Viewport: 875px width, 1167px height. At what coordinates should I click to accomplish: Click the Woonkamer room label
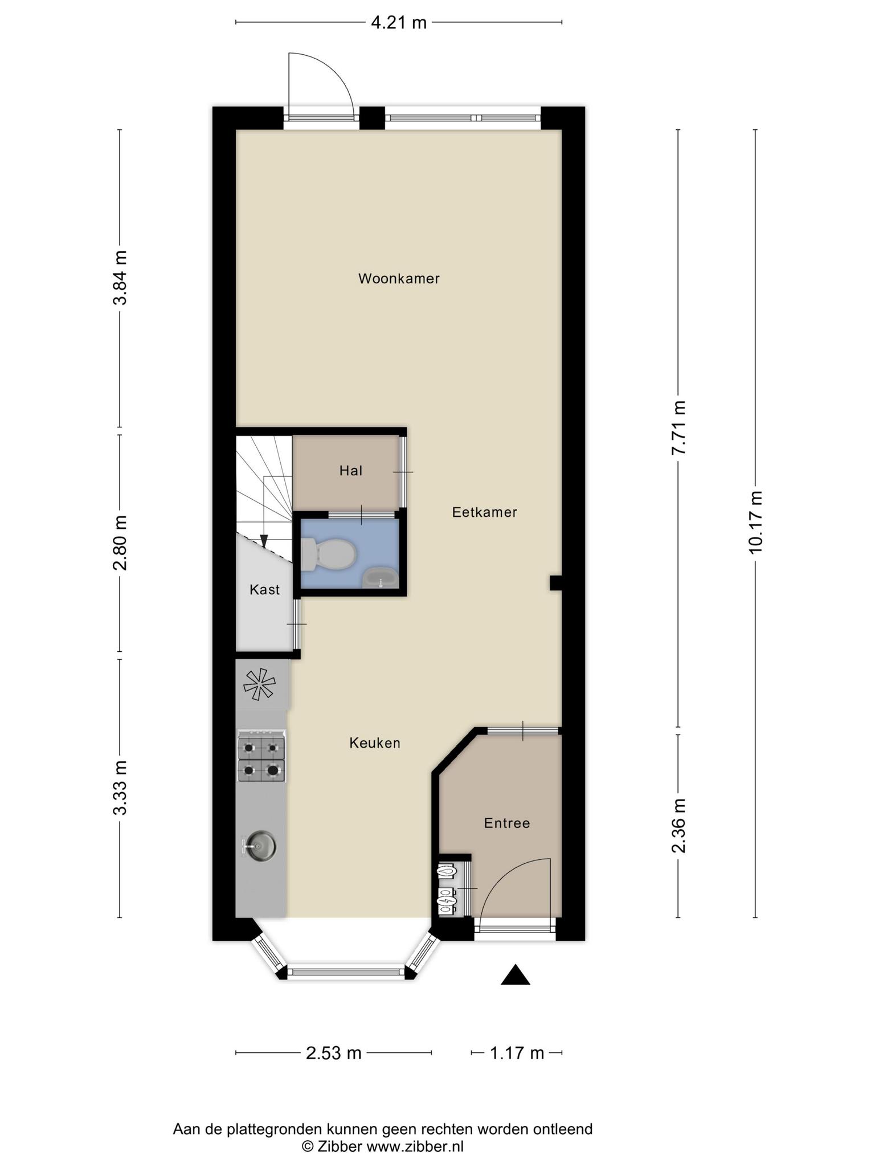tap(399, 279)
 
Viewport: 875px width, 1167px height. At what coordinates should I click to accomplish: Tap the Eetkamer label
tap(485, 512)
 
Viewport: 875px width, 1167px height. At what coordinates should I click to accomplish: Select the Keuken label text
tap(375, 743)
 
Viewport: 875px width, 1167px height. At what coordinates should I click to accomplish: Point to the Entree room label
tap(507, 823)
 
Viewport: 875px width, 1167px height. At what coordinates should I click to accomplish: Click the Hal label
tap(351, 471)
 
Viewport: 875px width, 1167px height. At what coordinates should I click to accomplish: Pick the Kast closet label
tap(265, 589)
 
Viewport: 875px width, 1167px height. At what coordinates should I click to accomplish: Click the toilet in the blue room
tap(328, 554)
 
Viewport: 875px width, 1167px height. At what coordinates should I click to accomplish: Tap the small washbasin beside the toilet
tap(381, 578)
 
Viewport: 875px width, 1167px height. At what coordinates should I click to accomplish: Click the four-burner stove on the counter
tap(261, 756)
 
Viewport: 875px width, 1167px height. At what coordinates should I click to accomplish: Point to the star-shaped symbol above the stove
tap(260, 684)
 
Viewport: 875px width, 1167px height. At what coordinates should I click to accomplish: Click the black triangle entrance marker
tap(516, 974)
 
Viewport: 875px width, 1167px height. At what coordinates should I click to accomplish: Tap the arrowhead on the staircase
tap(264, 541)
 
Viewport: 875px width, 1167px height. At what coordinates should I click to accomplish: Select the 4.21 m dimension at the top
tap(399, 23)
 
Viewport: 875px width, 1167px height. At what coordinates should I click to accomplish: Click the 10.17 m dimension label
tap(755, 522)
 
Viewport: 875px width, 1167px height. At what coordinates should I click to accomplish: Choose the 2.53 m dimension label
tap(334, 1053)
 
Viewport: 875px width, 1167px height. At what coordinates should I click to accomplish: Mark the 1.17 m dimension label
tap(517, 1053)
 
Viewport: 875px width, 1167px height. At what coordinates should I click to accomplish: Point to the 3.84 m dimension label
tap(120, 278)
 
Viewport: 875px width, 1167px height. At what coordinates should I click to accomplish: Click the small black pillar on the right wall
tap(555, 583)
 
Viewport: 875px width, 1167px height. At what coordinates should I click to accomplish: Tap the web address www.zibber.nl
tap(415, 1146)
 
